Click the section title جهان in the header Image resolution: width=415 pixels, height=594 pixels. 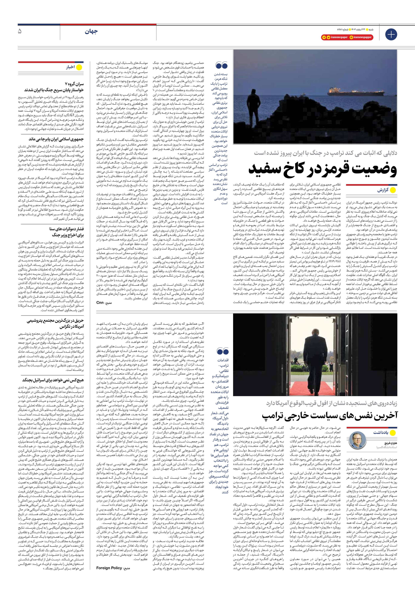click(91, 32)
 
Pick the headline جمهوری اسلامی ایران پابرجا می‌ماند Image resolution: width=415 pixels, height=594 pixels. click(56, 139)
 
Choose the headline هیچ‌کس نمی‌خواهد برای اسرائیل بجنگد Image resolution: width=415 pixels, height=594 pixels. click(53, 380)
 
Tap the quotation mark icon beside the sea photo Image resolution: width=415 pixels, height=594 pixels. click(221, 65)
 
